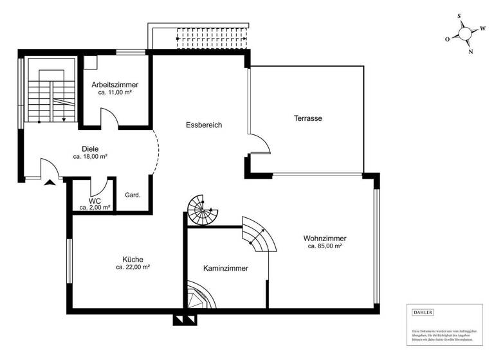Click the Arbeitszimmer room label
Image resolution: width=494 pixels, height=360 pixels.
pyautogui.click(x=114, y=84)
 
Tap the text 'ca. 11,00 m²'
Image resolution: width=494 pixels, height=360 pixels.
pyautogui.click(x=114, y=93)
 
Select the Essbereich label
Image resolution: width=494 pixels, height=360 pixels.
pyautogui.click(x=203, y=125)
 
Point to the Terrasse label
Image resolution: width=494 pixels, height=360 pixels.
pyautogui.click(x=307, y=118)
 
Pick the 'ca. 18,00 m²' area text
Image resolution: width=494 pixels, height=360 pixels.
pyautogui.click(x=89, y=156)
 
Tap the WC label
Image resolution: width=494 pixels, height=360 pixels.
pyautogui.click(x=95, y=200)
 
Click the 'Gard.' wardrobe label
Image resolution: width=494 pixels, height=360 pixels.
pyautogui.click(x=133, y=195)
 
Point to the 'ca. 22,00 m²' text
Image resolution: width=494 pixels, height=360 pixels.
pyautogui.click(x=133, y=267)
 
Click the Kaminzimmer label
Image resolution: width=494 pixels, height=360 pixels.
pyautogui.click(x=225, y=268)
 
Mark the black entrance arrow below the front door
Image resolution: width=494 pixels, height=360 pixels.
pyautogui.click(x=50, y=183)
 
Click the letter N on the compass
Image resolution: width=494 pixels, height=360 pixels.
pyautogui.click(x=471, y=52)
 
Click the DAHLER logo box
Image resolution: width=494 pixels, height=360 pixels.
pyautogui.click(x=423, y=312)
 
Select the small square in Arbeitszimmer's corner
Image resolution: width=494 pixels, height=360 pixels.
pyautogui.click(x=90, y=62)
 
